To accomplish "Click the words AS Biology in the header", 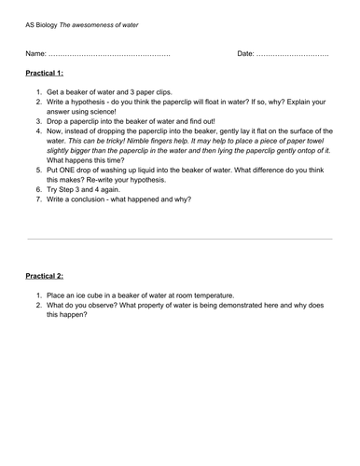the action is pos(42,24).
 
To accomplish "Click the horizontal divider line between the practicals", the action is pos(179,239).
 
